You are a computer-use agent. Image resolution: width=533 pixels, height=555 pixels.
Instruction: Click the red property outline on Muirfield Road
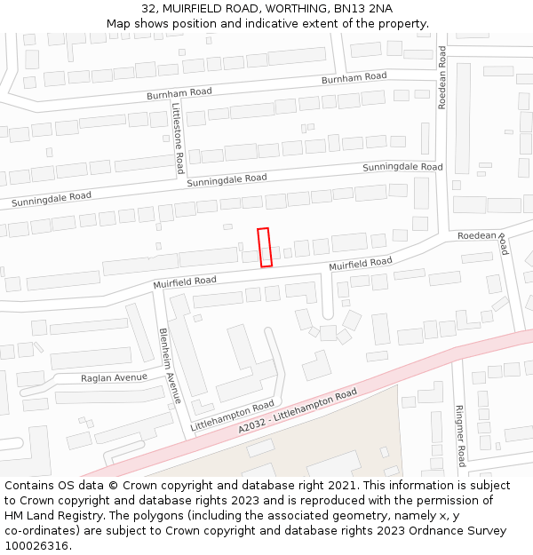pos(264,247)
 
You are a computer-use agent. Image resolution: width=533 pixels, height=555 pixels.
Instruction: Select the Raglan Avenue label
pos(114,377)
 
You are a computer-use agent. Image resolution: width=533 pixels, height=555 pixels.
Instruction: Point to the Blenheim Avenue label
pos(170,365)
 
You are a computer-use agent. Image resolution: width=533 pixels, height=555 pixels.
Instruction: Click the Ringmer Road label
pos(460,436)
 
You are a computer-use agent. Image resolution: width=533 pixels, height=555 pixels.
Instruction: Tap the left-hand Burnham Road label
pos(179,92)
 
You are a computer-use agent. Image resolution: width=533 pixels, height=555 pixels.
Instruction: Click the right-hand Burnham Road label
pos(354,78)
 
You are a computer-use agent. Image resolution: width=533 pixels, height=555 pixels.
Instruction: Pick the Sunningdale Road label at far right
pos(402,167)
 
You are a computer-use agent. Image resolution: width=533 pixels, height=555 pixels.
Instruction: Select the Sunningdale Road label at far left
pos(52,199)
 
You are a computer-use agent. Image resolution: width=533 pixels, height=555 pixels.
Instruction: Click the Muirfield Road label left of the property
pos(184,281)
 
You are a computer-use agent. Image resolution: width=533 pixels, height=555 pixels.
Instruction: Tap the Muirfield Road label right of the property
pos(360,264)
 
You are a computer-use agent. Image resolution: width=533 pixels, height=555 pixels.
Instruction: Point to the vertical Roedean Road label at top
pos(442,77)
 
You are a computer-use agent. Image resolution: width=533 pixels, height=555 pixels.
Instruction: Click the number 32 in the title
pos(148,9)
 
